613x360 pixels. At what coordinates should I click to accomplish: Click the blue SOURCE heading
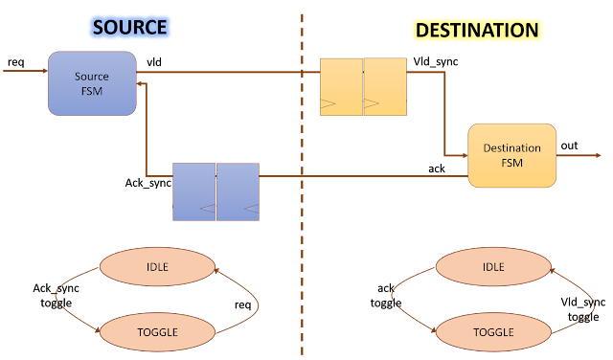tap(130, 28)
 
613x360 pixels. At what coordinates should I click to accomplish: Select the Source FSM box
tap(92, 83)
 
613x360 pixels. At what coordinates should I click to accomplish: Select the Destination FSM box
tap(511, 155)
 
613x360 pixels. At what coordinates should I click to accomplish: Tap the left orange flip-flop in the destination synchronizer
tap(341, 86)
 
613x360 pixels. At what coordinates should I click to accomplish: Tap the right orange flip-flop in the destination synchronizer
tap(385, 86)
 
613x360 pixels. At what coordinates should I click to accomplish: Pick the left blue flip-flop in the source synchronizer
tap(194, 191)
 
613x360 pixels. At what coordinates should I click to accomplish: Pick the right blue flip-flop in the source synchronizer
tap(238, 191)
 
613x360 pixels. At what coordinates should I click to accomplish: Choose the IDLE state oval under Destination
tap(493, 266)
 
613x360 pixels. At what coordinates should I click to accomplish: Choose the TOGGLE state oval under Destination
tap(493, 332)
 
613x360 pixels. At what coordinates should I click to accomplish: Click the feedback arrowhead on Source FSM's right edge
tap(141, 85)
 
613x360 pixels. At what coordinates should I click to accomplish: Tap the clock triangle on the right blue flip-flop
tap(251, 207)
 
